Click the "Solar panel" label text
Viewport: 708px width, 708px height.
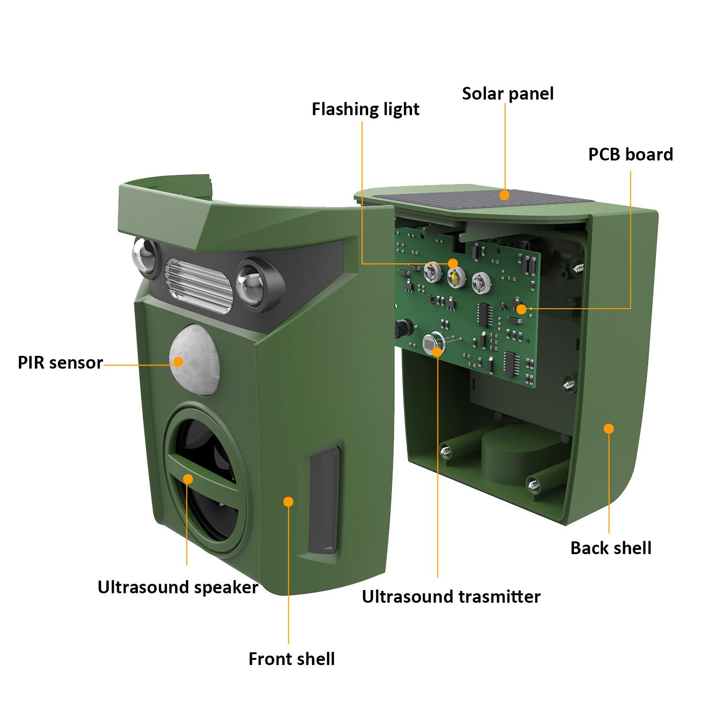click(x=508, y=93)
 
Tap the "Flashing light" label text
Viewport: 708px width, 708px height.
click(x=365, y=110)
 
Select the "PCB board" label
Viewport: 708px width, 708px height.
click(x=631, y=154)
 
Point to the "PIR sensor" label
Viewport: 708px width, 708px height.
click(x=60, y=362)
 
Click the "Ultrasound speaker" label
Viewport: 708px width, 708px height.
click(x=178, y=587)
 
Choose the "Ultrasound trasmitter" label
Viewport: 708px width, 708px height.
click(x=451, y=597)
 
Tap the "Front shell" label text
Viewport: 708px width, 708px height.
click(x=292, y=659)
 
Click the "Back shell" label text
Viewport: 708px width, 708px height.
click(x=611, y=548)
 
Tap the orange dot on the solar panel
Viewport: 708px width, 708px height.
click(x=505, y=194)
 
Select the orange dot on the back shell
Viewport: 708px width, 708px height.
click(x=609, y=429)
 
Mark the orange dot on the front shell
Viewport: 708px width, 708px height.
click(x=288, y=501)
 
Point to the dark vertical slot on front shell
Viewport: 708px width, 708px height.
click(x=324, y=500)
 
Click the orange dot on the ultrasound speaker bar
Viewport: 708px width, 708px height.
click(x=188, y=479)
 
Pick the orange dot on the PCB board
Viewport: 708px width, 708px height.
click(x=521, y=309)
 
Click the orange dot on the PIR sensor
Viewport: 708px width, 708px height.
click(x=178, y=362)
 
